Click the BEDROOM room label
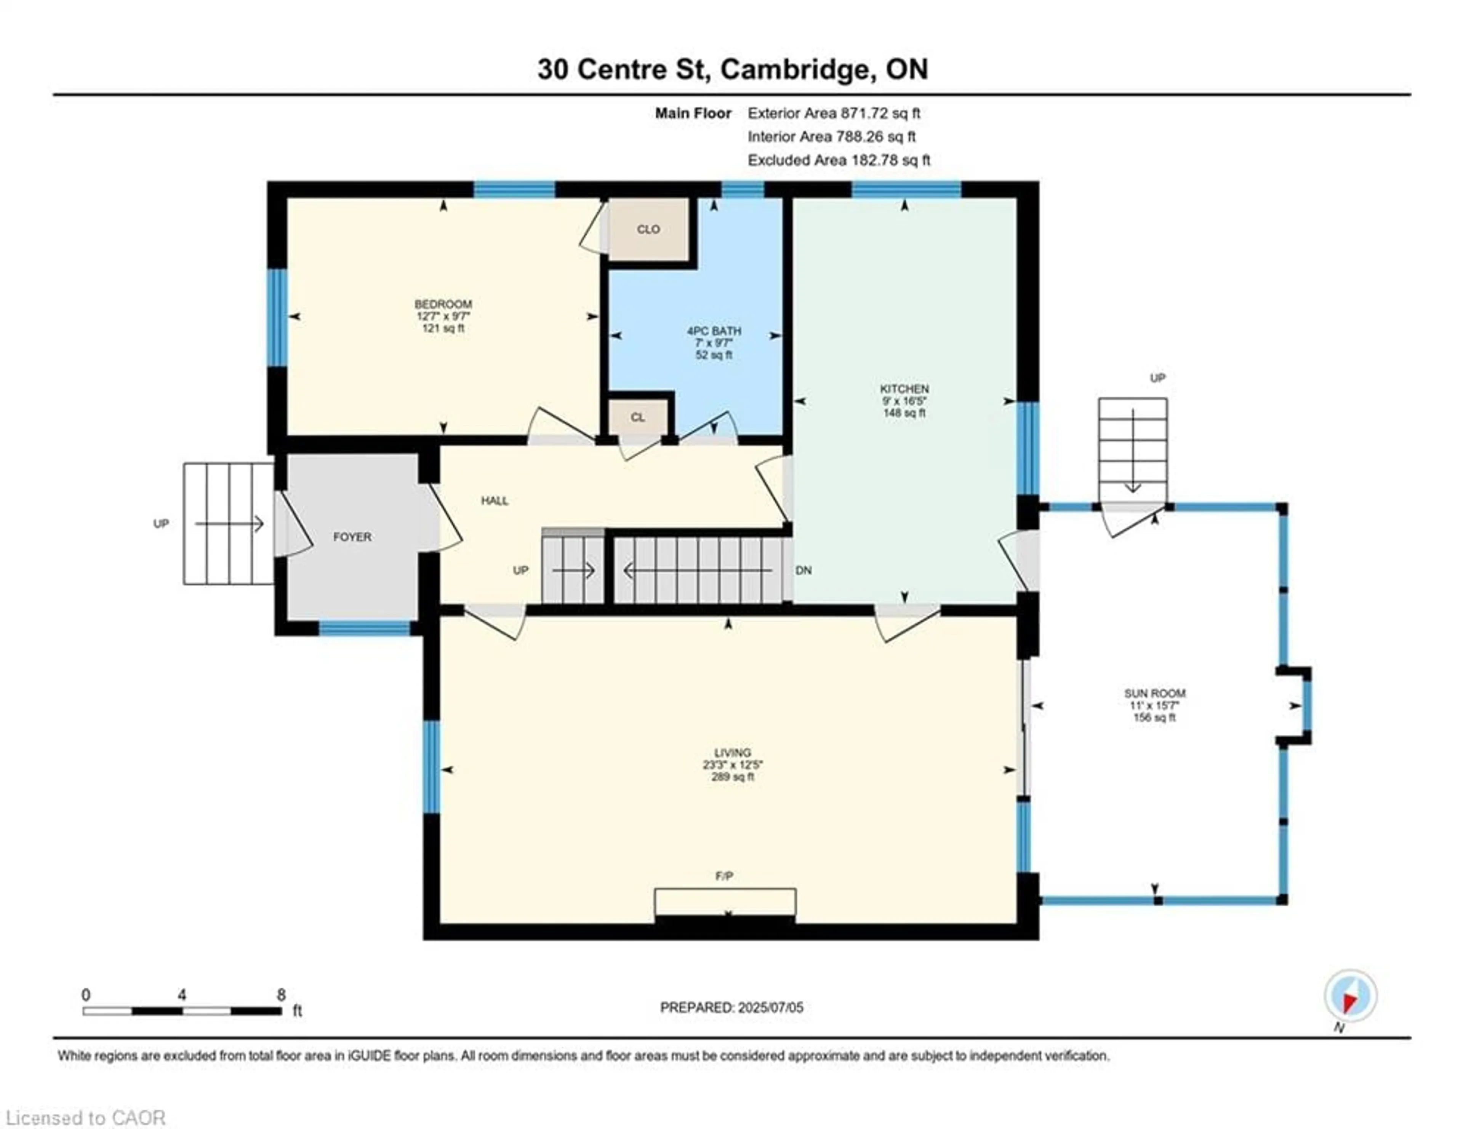(x=443, y=304)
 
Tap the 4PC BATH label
(x=714, y=331)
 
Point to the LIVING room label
(x=732, y=753)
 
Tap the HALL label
(x=495, y=500)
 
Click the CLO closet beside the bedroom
(x=648, y=229)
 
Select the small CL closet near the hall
(x=638, y=417)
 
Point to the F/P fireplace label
(x=724, y=876)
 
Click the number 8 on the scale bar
(x=281, y=995)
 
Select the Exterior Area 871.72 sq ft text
(x=834, y=113)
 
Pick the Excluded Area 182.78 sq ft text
(x=839, y=160)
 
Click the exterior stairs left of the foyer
(x=229, y=524)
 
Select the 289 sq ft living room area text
(x=732, y=777)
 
